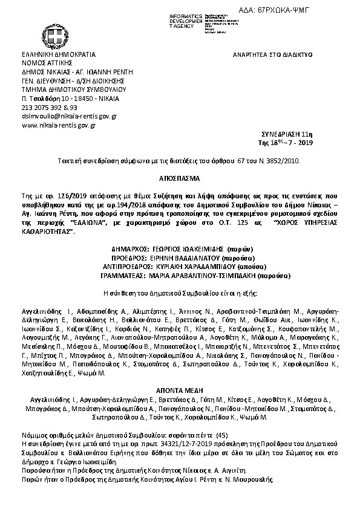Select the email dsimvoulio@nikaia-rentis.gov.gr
69,115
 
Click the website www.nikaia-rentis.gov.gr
59,125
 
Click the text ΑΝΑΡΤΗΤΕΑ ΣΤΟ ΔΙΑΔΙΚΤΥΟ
272,54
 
